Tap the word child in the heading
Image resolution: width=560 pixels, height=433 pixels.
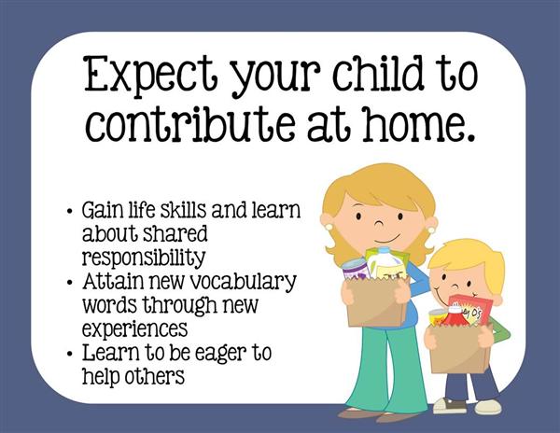(x=378, y=73)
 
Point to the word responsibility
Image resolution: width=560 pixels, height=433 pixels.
(x=144, y=258)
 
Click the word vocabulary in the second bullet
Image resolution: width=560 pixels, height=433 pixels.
(x=243, y=282)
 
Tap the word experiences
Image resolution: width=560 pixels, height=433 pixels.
(x=135, y=328)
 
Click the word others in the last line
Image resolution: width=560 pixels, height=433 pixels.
(x=154, y=375)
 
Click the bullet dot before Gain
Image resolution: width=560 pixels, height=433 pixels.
(x=70, y=211)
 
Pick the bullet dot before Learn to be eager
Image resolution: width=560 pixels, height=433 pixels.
(x=70, y=354)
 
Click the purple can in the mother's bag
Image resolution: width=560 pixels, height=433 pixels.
(x=356, y=270)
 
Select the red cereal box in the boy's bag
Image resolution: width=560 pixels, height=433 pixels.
(x=470, y=310)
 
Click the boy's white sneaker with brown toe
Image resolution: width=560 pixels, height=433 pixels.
(x=450, y=406)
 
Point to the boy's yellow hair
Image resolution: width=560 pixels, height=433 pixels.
(x=470, y=258)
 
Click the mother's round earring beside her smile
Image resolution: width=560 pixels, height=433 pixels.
(x=431, y=230)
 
